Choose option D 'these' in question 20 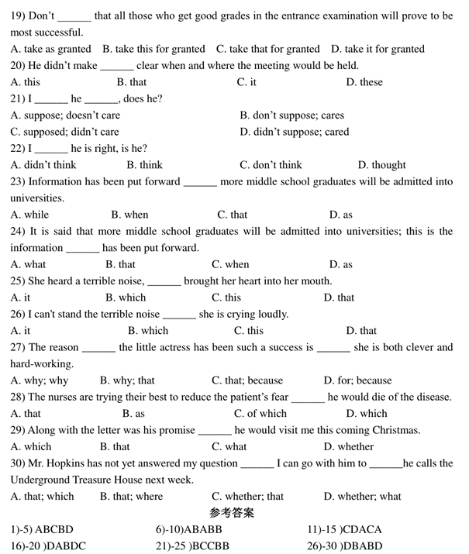point(364,82)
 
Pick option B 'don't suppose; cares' point(292,115)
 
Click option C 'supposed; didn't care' point(65,132)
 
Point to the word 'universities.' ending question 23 point(37,198)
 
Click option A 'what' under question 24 point(29,264)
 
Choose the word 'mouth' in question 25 point(316,281)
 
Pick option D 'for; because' point(358,380)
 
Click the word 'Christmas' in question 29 point(396,430)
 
